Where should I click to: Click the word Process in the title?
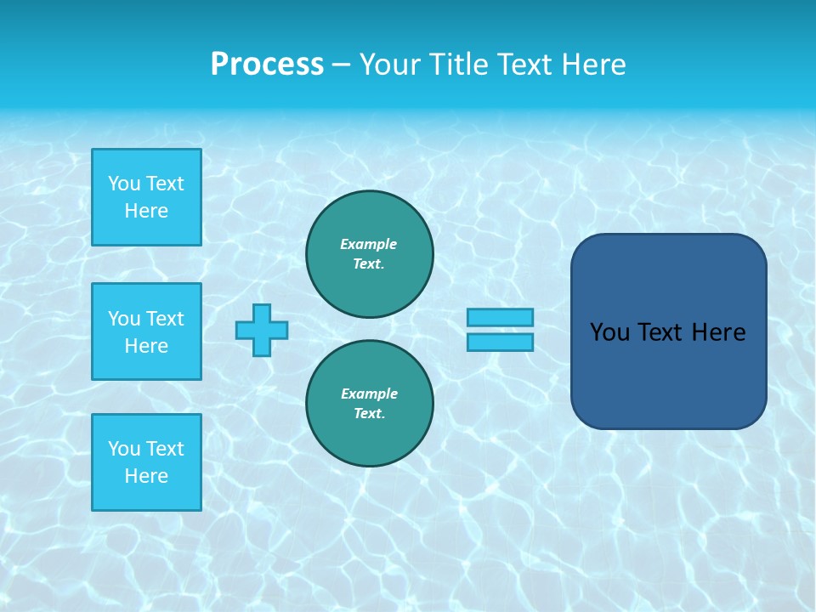click(x=267, y=65)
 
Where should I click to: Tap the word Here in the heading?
click(x=592, y=65)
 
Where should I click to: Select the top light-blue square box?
click(x=146, y=197)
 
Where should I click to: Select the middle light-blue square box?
click(x=146, y=331)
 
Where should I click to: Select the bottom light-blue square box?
click(x=146, y=462)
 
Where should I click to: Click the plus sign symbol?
click(x=262, y=330)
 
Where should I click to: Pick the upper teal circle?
click(x=370, y=254)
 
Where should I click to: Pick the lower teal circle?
click(x=370, y=404)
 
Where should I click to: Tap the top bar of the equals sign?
click(x=500, y=317)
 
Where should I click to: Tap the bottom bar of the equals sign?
click(x=500, y=342)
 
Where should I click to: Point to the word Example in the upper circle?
click(x=368, y=244)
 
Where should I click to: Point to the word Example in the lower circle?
click(x=369, y=394)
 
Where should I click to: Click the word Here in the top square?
click(x=146, y=211)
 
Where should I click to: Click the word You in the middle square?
click(x=123, y=319)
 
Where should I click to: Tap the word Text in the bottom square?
click(x=165, y=449)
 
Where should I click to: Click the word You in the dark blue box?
click(x=609, y=332)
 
